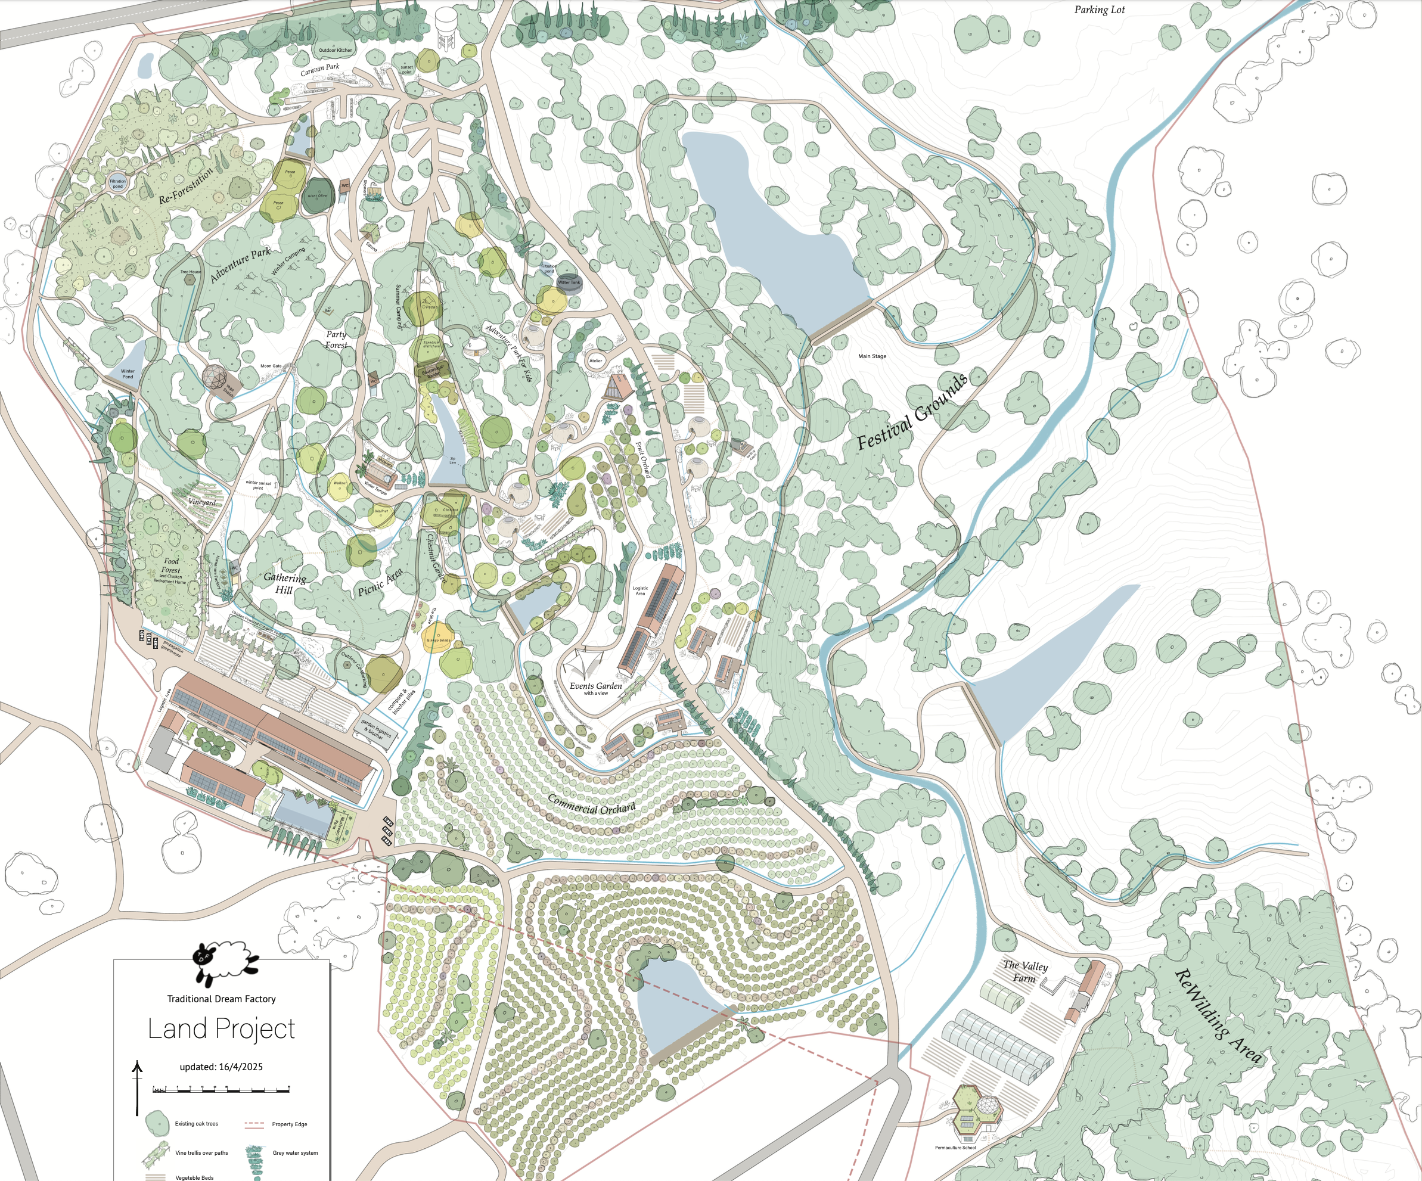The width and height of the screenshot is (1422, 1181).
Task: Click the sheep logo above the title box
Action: [223, 962]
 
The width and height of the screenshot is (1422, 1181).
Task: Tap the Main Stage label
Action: [871, 356]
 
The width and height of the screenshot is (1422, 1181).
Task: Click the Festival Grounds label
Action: [911, 411]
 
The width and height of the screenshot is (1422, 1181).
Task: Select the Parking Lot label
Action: [1099, 10]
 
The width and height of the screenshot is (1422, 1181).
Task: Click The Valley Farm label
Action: [1024, 972]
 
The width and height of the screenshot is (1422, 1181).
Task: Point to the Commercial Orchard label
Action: [591, 804]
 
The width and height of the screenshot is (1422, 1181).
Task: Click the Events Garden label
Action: [595, 686]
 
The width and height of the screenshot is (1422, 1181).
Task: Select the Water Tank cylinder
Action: [569, 284]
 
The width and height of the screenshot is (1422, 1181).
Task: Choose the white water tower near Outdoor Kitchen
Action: [446, 26]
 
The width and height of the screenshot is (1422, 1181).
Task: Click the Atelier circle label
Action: [595, 361]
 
